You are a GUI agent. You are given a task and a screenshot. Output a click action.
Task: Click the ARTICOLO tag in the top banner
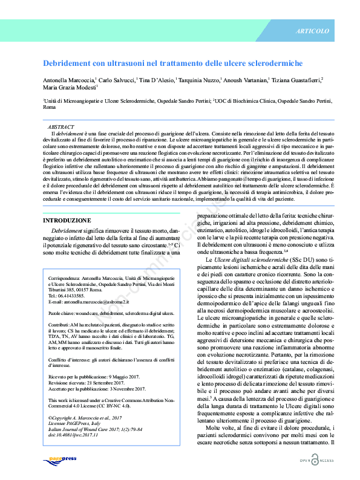[x=313, y=31]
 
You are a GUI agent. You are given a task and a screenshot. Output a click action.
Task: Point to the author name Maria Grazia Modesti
[x=69, y=87]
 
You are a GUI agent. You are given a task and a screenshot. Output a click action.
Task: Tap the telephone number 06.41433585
[x=77, y=295]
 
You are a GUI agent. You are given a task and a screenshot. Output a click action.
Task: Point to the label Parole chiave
[x=64, y=314]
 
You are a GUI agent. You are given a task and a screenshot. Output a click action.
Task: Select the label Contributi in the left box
[x=59, y=325]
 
